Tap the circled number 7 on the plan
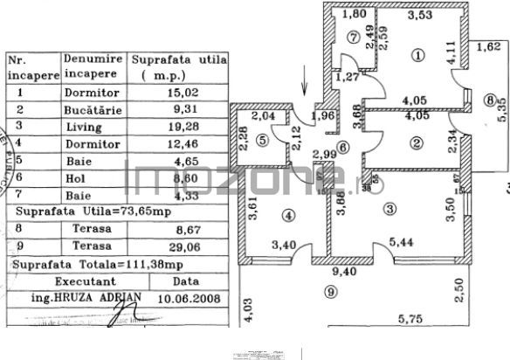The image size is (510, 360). tap(353, 37)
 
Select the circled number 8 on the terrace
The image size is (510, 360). tap(490, 100)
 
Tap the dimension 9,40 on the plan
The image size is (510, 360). tap(351, 272)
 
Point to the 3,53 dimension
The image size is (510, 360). tap(423, 14)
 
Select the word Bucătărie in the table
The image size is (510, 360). tap(90, 109)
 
